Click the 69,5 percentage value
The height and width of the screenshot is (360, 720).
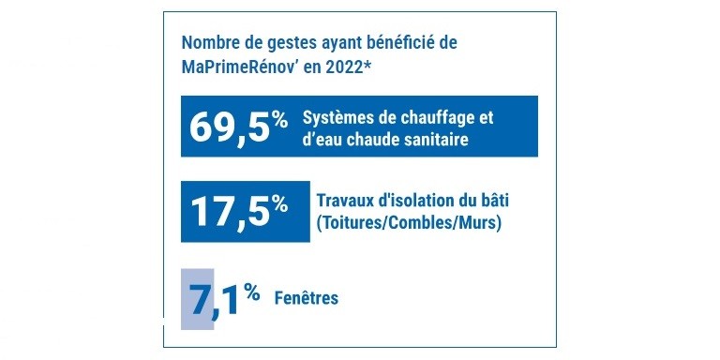[230, 127]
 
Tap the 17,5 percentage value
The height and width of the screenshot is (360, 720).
[230, 210]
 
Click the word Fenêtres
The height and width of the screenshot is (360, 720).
[307, 298]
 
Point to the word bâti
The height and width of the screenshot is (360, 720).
[500, 202]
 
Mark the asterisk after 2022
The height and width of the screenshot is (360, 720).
[369, 65]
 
